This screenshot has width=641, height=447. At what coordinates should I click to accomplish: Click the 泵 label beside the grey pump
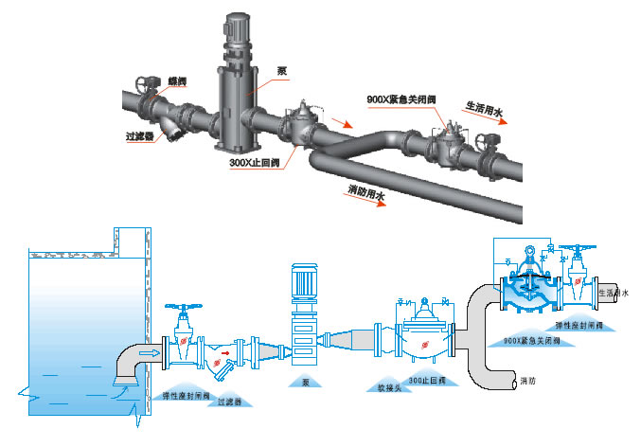coord(281,71)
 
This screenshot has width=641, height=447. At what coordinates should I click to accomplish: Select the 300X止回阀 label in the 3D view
coord(254,162)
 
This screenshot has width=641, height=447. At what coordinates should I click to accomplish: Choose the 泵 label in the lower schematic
coord(305,384)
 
